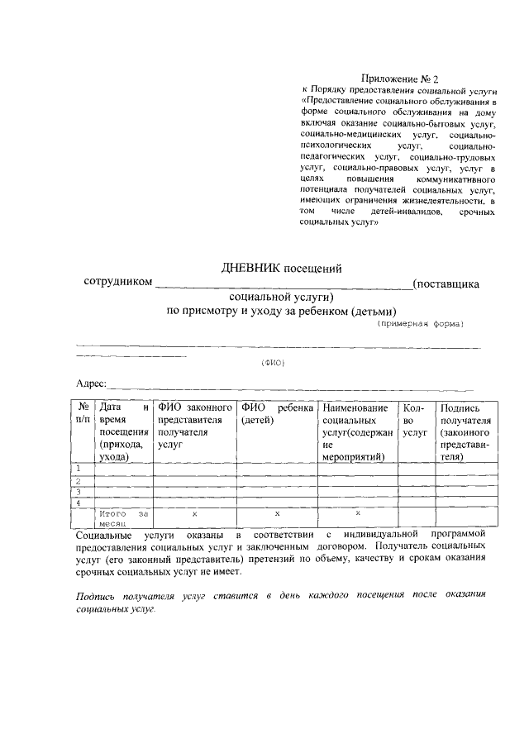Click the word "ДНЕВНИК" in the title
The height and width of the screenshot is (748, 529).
(x=248, y=267)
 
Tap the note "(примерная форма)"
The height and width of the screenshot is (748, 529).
(x=421, y=323)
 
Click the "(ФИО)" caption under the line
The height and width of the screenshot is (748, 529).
(x=272, y=362)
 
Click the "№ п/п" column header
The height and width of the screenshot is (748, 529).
(x=83, y=414)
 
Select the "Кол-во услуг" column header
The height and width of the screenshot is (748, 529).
(x=414, y=420)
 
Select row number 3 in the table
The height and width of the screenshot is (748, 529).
(x=79, y=491)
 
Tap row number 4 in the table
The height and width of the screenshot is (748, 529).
(x=79, y=502)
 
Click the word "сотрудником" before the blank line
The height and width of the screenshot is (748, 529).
(x=118, y=283)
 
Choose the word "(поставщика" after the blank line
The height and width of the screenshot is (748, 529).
(x=446, y=283)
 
